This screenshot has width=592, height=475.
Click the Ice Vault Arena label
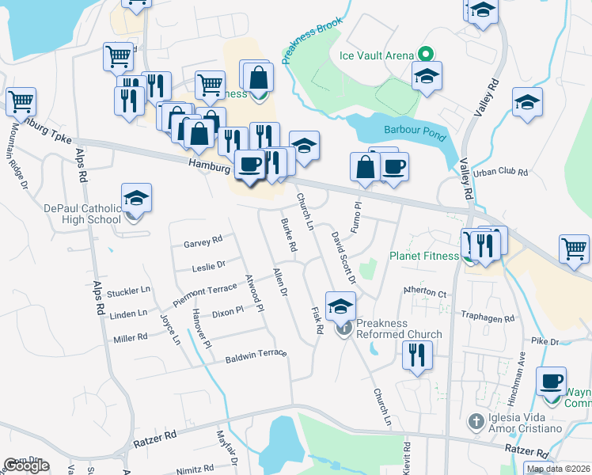(376, 55)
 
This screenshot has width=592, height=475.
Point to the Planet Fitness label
(423, 256)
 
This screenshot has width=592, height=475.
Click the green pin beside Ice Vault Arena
(425, 55)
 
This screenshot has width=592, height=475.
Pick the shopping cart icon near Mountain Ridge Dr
(21, 101)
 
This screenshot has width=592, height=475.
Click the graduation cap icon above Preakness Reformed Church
(341, 306)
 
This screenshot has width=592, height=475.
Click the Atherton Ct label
(425, 291)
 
